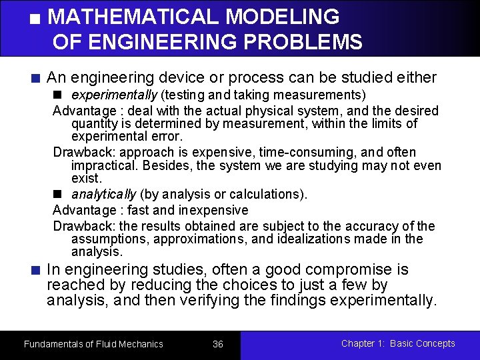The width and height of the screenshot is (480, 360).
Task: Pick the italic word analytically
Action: point(103,194)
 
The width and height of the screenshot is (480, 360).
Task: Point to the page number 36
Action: point(218,344)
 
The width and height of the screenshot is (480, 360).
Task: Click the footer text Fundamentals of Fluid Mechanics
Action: point(93,344)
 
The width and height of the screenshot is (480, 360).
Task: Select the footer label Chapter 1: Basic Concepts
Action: point(398,343)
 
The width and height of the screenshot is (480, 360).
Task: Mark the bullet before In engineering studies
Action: point(37,271)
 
